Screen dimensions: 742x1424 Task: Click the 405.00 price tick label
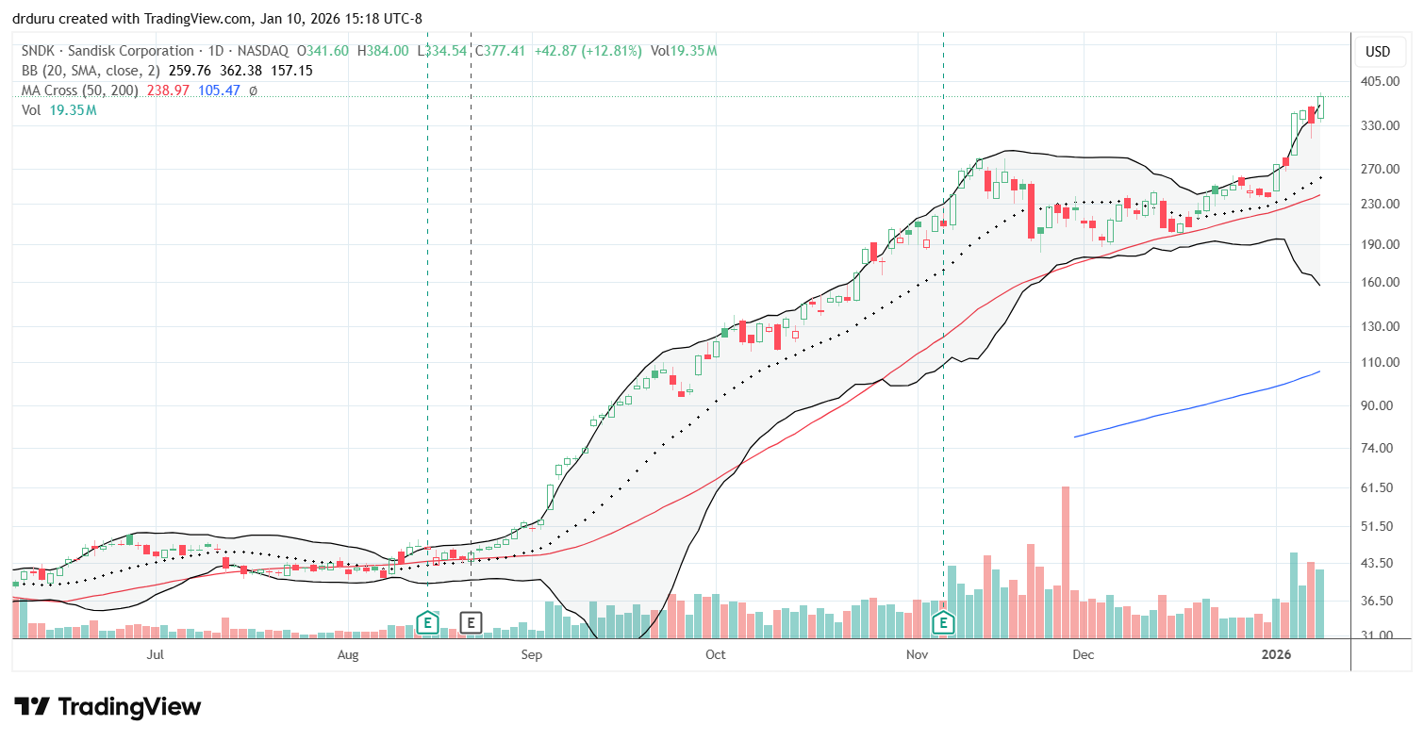[1379, 81]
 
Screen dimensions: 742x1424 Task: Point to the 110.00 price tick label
[1379, 362]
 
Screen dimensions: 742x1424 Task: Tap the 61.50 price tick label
[1379, 488]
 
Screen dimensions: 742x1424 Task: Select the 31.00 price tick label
[1379, 635]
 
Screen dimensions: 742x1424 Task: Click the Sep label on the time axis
[531, 653]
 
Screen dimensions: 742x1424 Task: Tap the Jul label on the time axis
[155, 653]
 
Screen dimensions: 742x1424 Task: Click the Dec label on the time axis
[1083, 653]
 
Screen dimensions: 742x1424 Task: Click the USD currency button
[1379, 51]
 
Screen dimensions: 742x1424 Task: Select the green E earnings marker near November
[943, 622]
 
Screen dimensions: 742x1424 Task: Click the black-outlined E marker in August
[471, 622]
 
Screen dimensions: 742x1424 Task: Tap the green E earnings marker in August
[427, 622]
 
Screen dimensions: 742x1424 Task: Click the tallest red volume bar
[1065, 562]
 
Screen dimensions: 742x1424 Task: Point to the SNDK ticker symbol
[36, 51]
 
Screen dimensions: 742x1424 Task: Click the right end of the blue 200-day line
[1319, 371]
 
